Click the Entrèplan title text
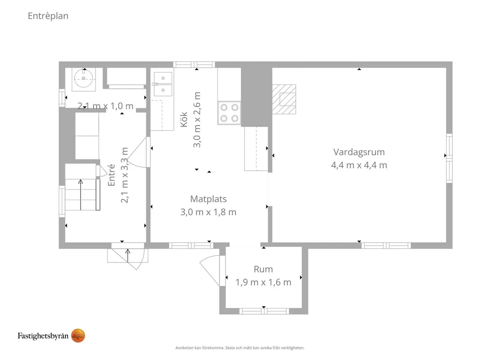tap(48, 16)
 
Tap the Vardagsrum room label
tap(359, 152)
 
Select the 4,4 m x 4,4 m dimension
tap(359, 165)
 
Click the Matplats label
tap(209, 199)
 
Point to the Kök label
tap(184, 120)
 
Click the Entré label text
tap(112, 175)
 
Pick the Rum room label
tap(263, 269)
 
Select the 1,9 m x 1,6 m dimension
tap(263, 282)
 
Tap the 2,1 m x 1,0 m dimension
tap(105, 106)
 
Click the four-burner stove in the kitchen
tap(229, 113)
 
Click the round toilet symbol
tap(83, 79)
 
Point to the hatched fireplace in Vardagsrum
tap(284, 99)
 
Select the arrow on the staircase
tap(81, 195)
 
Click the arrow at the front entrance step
tap(127, 255)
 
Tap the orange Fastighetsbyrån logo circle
tap(78, 336)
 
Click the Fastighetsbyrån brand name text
tap(43, 336)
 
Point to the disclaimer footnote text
tap(240, 348)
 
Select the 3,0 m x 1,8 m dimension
tap(209, 212)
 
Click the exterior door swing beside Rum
tap(210, 271)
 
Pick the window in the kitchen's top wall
tap(194, 65)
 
